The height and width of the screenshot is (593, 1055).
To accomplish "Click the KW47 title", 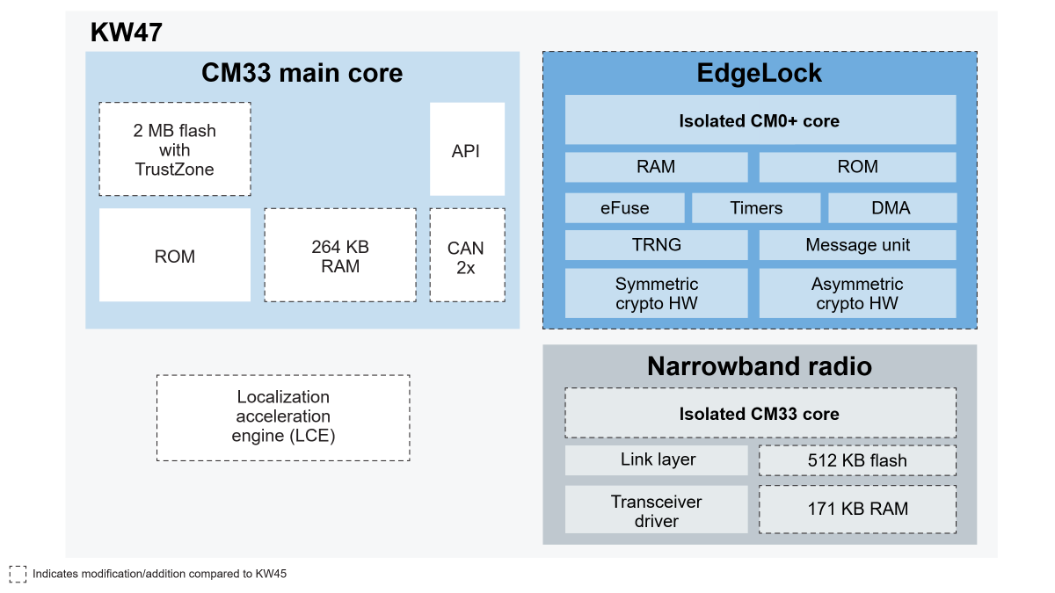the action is coord(127,32).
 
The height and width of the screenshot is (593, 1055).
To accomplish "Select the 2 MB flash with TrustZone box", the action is coord(175,149).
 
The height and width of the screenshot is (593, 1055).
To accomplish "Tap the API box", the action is coord(467,149).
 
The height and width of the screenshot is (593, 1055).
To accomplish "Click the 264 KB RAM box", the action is coord(340,255).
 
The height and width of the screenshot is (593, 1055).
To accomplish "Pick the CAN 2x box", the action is coord(467,255).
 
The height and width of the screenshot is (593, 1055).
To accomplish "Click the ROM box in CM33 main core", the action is coord(175,255).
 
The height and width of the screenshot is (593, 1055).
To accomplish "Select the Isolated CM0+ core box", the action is coord(760,120).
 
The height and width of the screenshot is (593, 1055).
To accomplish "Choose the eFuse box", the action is coord(624,208).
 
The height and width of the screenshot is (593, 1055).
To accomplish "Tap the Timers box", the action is coord(756,208).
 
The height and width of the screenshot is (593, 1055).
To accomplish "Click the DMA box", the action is coord(892,208).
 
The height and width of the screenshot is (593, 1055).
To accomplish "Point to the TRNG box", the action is coord(656,245).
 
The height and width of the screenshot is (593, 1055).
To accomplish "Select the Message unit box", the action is coord(857,245).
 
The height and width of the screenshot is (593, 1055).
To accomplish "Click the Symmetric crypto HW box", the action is coord(656,293).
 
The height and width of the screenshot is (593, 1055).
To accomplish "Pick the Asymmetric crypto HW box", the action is coord(857,293).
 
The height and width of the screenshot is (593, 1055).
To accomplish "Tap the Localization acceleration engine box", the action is coord(283,417).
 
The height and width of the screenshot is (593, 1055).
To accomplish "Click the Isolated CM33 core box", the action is coord(760,413).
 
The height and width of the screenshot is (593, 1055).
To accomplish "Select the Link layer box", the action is coord(656,459).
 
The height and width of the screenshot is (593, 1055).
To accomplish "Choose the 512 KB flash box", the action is coord(857,460).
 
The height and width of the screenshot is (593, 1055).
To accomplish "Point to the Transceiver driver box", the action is coord(656,510).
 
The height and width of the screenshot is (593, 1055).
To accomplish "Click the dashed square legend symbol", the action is coord(18,575).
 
